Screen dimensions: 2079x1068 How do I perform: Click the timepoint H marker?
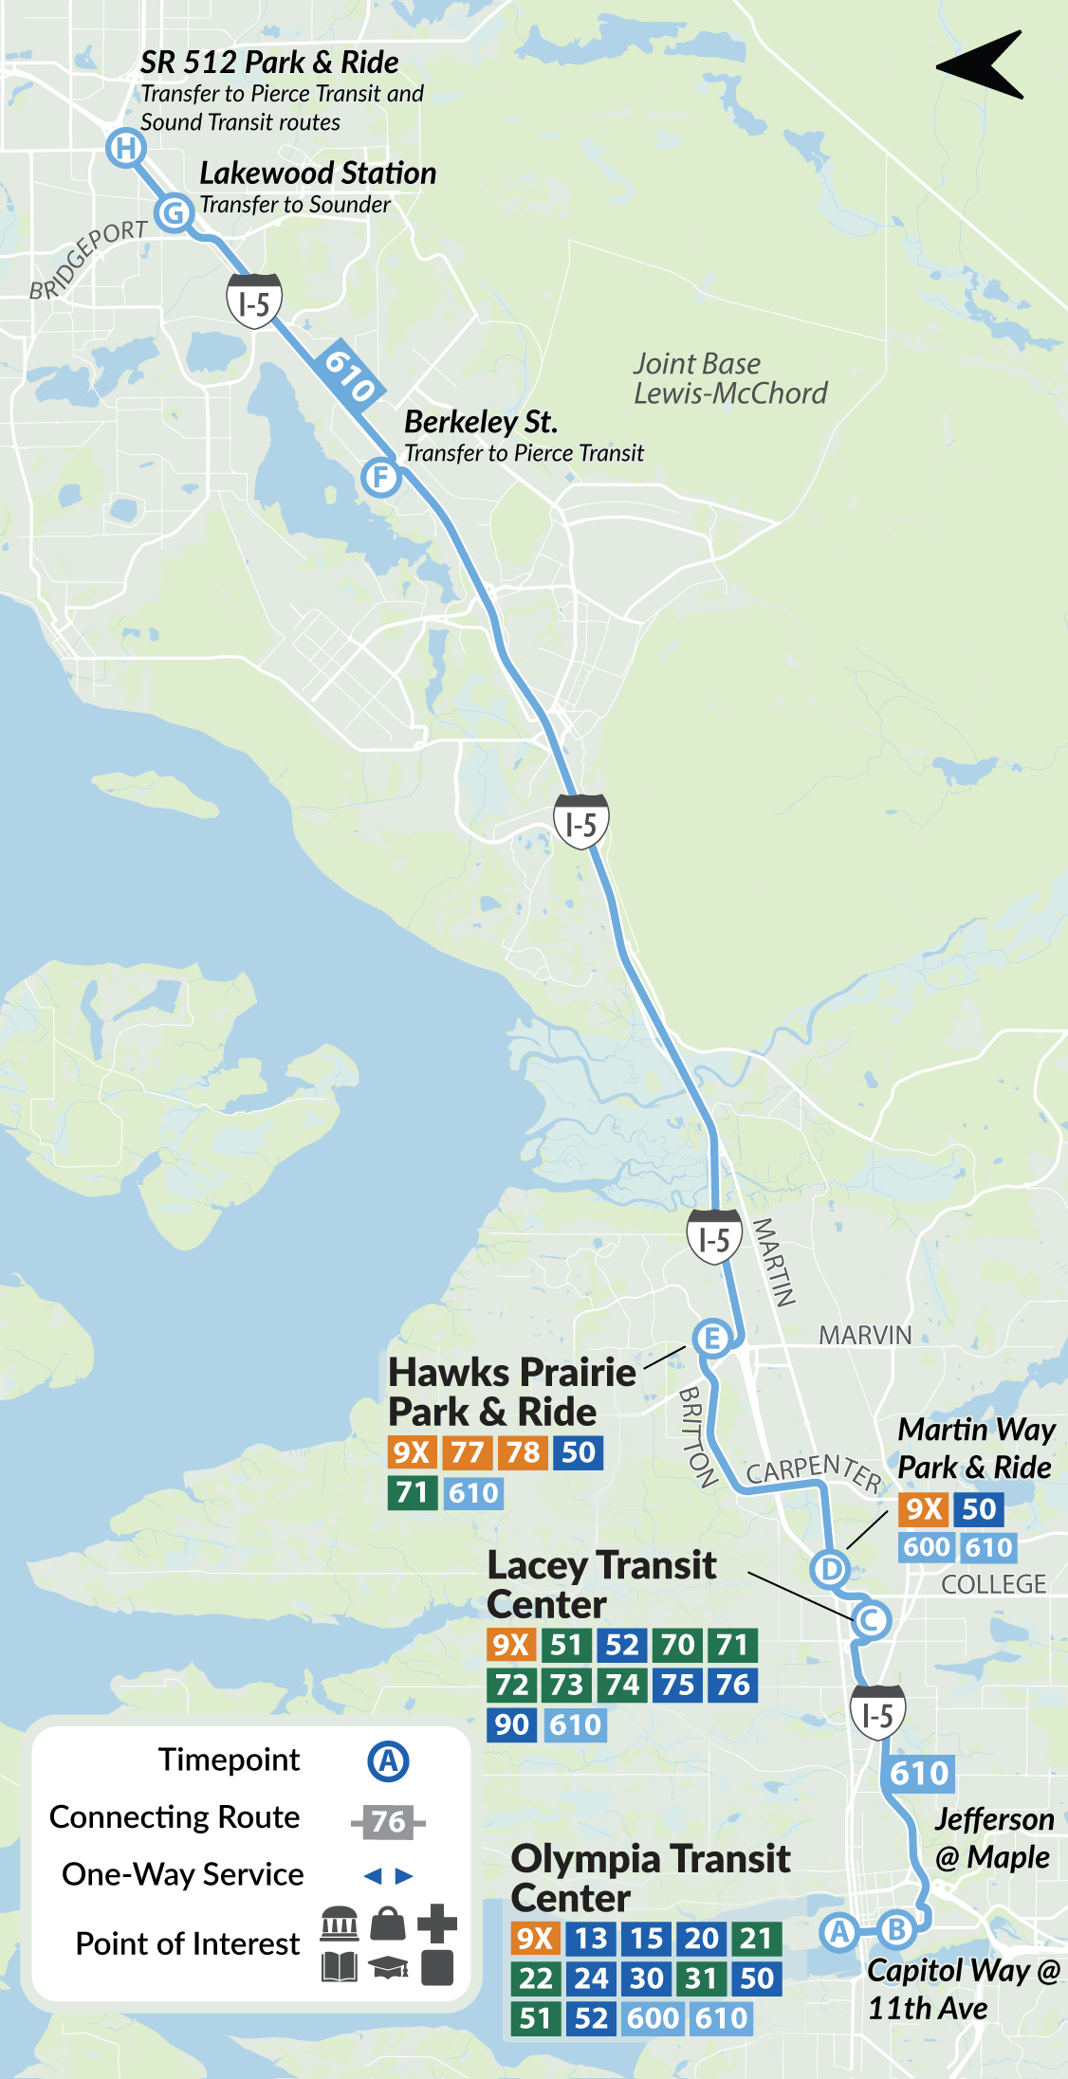tap(125, 148)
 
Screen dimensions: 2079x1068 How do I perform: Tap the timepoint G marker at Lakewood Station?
tap(175, 212)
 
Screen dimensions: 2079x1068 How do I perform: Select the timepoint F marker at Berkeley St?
tap(380, 476)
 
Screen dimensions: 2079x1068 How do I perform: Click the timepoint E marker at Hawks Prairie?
tap(712, 1339)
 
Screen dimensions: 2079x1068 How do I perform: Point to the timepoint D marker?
tap(830, 1569)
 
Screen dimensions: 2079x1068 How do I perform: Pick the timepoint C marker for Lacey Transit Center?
tap(870, 1620)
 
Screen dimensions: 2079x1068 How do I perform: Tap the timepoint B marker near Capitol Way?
tap(895, 1928)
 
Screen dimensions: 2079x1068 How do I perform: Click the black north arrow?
tap(982, 64)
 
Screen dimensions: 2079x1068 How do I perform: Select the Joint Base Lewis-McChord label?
tap(729, 378)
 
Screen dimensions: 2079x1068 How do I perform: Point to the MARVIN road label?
tap(865, 1335)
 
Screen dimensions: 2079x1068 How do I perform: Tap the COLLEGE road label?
tap(993, 1584)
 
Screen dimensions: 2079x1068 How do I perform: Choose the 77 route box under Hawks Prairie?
tap(467, 1452)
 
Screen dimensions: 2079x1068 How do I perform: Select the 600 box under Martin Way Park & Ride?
tap(927, 1547)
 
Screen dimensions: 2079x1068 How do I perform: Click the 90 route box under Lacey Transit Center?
tap(512, 1723)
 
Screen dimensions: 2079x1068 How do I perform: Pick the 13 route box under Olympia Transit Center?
tap(591, 1938)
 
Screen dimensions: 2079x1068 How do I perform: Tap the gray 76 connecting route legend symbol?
tap(388, 1821)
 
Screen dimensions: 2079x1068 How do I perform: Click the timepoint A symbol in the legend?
tap(388, 1761)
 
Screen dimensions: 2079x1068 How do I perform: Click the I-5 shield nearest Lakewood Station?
tap(254, 301)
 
